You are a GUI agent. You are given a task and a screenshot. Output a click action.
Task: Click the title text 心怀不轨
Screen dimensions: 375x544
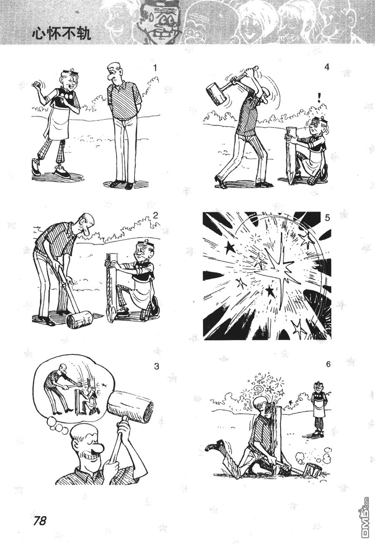[61, 34]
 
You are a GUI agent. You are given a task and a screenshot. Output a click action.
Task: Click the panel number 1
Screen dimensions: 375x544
[155, 68]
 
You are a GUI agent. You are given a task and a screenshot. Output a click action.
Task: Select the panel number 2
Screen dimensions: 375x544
[155, 216]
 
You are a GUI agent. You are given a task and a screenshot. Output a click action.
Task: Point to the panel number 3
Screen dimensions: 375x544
[157, 367]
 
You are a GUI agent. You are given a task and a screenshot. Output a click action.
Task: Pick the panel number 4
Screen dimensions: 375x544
[327, 67]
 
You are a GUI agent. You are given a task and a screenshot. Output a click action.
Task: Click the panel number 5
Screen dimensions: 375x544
[327, 218]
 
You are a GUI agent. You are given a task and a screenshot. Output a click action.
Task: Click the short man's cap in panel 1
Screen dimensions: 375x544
[70, 72]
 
